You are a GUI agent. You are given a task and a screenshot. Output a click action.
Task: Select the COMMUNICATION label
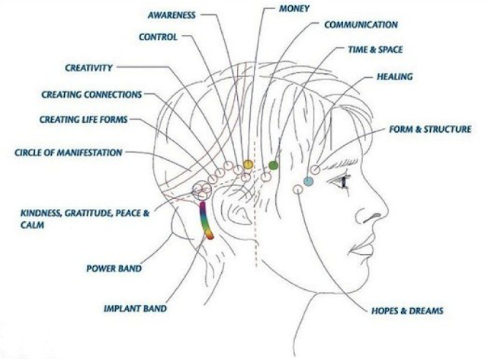361,25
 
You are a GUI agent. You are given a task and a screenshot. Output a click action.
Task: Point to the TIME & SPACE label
375,50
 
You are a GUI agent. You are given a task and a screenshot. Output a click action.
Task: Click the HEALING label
395,77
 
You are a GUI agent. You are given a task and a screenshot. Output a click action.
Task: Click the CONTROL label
158,37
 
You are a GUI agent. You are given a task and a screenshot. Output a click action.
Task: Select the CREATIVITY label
88,68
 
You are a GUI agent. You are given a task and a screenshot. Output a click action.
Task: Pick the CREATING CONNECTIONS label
91,95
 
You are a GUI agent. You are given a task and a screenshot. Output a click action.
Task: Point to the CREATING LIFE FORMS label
83,120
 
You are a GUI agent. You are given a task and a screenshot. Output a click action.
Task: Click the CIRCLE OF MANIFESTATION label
68,153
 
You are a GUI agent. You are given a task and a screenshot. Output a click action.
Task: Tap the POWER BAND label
114,268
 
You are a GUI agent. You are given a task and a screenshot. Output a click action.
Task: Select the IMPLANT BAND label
135,309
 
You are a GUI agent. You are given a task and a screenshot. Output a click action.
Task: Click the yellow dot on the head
248,165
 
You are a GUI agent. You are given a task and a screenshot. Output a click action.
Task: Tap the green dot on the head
274,165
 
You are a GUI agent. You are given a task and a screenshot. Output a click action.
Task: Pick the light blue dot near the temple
308,182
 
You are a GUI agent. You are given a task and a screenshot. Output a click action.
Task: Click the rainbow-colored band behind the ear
205,221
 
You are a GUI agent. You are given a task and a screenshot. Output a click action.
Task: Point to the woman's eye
341,181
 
